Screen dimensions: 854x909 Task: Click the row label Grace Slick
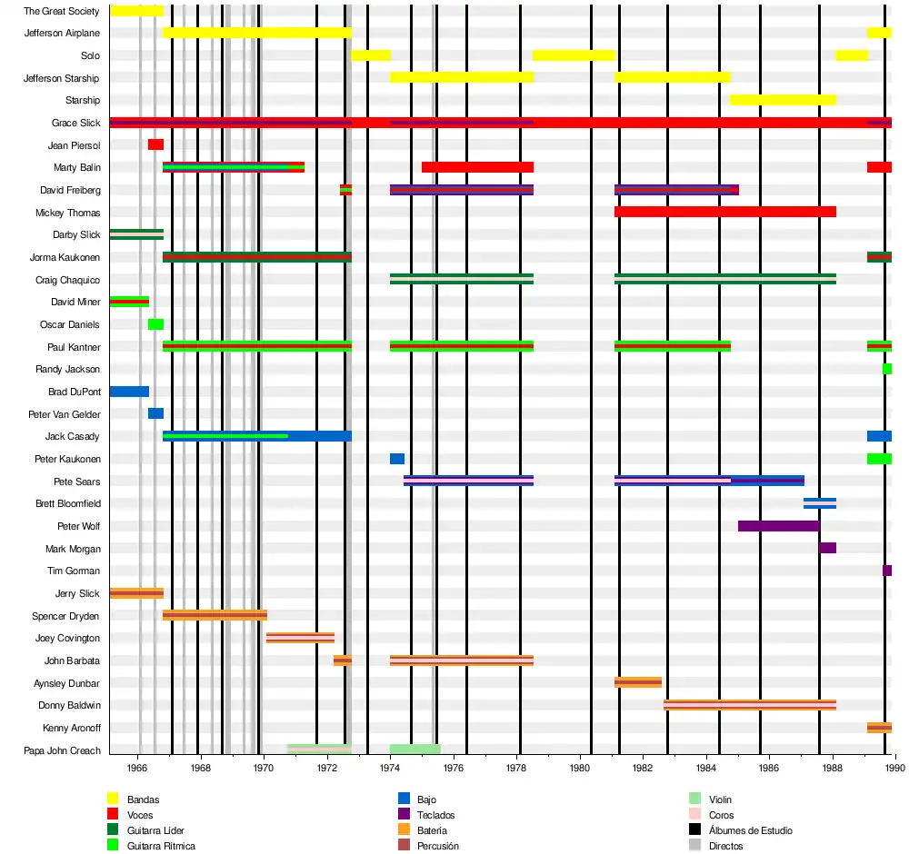pyautogui.click(x=76, y=123)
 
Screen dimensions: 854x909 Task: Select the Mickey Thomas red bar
pyautogui.click(x=724, y=212)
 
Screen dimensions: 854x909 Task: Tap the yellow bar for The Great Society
pyautogui.click(x=136, y=11)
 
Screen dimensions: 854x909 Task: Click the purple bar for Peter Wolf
pyautogui.click(x=778, y=526)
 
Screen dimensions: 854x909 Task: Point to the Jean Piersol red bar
pyautogui.click(x=155, y=144)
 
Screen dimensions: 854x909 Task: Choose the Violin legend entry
pyautogui.click(x=720, y=799)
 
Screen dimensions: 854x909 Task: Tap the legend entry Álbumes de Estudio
pyautogui.click(x=744, y=830)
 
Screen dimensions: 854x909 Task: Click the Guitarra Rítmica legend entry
pyautogui.click(x=161, y=846)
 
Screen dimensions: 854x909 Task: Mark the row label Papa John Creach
pyautogui.click(x=62, y=750)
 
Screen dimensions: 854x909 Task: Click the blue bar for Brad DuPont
pyautogui.click(x=129, y=392)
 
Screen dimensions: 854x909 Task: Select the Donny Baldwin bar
pyautogui.click(x=749, y=705)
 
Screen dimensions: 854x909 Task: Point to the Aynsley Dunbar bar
pyautogui.click(x=638, y=682)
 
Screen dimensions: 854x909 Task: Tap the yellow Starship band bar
pyautogui.click(x=783, y=100)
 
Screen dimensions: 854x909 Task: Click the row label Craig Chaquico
pyautogui.click(x=67, y=280)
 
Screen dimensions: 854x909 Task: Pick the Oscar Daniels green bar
pyautogui.click(x=155, y=324)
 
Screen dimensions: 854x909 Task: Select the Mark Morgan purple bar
pyautogui.click(x=827, y=548)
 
